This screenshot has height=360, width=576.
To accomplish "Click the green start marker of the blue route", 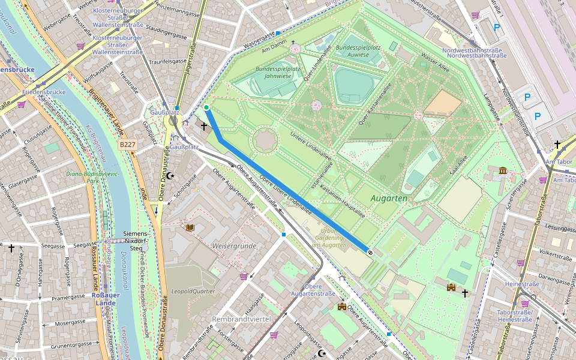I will (206, 108).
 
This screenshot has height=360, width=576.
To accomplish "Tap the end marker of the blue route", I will (370, 253).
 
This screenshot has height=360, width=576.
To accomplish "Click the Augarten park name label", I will (389, 197).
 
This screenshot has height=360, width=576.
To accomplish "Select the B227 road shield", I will (127, 145).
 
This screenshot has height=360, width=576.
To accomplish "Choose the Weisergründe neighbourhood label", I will (234, 246).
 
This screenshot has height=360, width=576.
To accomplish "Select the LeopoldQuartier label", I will (193, 291).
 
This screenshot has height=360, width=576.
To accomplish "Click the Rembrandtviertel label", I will (241, 318).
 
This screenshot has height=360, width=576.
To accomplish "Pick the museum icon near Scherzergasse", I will (502, 172).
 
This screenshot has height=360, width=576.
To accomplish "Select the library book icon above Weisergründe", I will (190, 227).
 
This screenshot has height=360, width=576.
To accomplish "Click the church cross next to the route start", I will (204, 127).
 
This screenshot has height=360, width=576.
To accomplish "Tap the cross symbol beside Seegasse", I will (11, 247).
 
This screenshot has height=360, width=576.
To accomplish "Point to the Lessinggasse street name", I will (561, 229).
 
